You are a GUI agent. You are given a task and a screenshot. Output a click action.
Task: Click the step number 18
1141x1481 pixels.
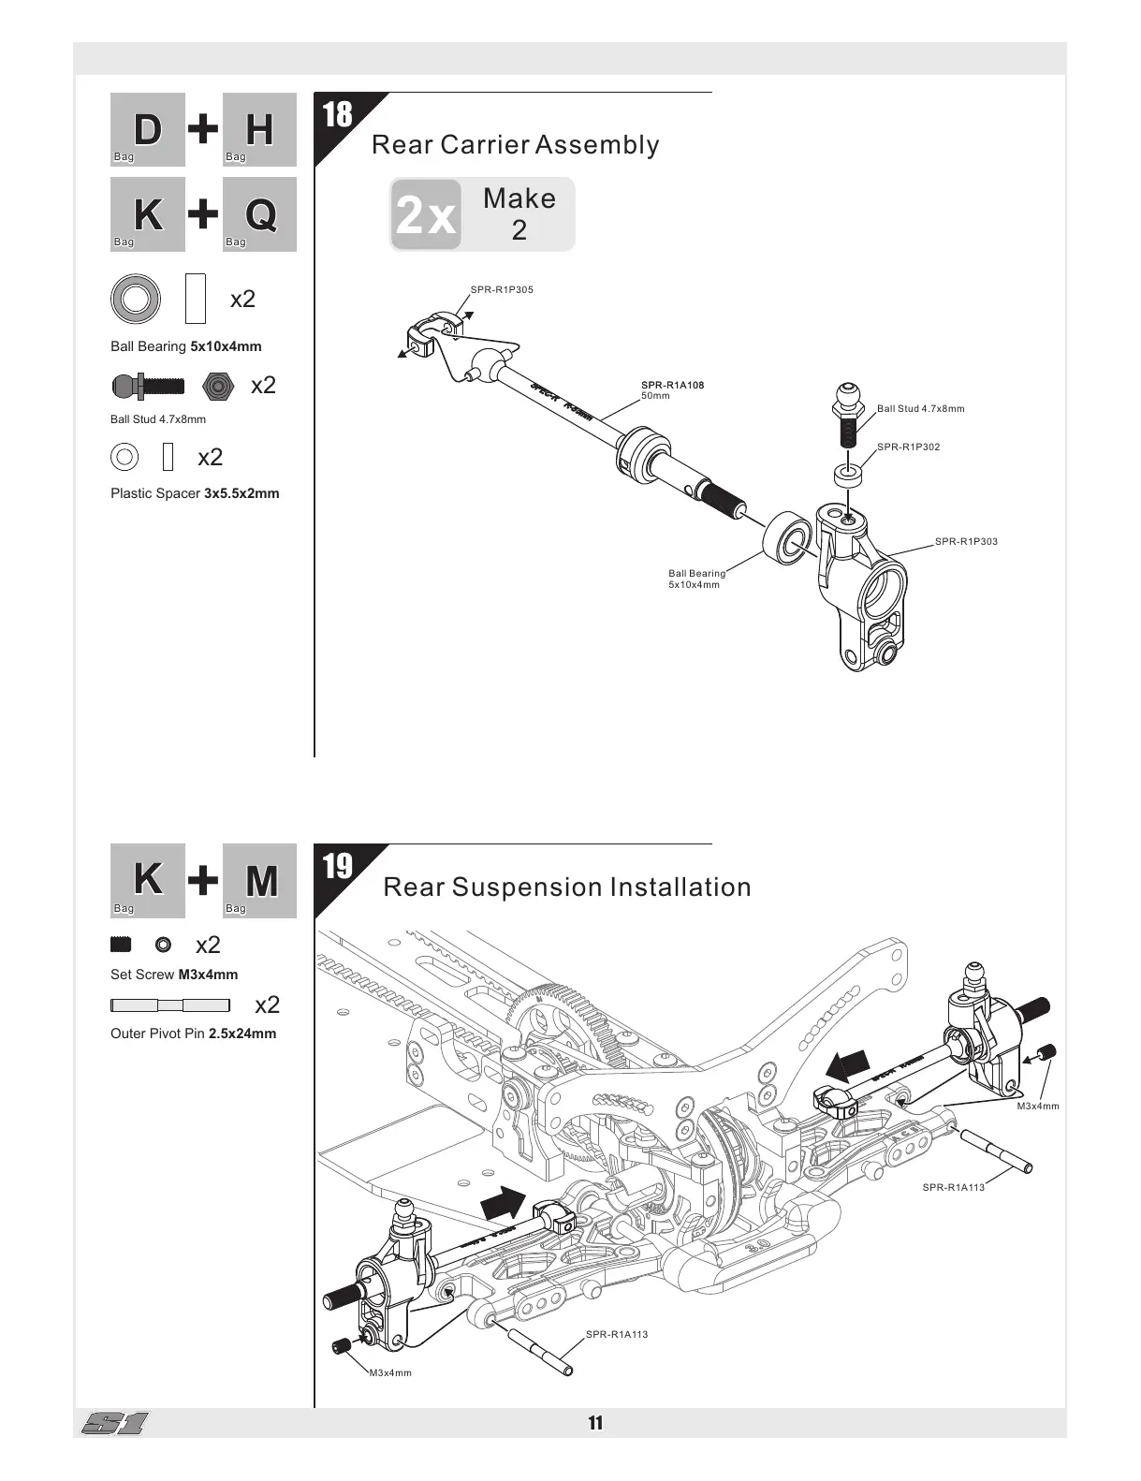tap(337, 115)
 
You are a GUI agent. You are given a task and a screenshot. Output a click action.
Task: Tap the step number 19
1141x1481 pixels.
tap(337, 867)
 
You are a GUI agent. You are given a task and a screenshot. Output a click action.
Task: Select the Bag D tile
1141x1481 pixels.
tap(148, 130)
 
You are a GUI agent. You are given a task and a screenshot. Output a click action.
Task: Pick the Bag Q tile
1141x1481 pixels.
tap(260, 214)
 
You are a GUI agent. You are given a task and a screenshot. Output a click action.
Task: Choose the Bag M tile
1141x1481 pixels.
tap(260, 881)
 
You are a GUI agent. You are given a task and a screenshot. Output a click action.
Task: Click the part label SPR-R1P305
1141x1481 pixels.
tap(502, 290)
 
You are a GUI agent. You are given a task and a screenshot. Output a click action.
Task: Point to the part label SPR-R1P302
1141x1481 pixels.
tap(908, 447)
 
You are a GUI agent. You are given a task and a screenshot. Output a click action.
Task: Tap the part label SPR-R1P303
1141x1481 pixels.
tap(966, 542)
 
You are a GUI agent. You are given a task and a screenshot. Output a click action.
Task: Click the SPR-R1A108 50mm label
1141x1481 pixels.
tap(672, 390)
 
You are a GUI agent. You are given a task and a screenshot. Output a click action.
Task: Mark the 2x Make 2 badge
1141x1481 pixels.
tap(482, 214)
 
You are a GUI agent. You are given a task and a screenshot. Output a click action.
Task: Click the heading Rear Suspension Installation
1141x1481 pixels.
tap(567, 887)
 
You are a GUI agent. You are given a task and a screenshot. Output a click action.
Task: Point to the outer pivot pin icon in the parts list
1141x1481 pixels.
tap(169, 1005)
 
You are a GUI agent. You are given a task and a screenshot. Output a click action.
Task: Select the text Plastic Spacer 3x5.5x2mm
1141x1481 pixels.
tap(195, 493)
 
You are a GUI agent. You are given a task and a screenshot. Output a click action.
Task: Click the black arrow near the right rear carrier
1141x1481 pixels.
tap(848, 1066)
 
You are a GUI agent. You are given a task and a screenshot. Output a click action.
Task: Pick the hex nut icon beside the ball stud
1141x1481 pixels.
tap(217, 386)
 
